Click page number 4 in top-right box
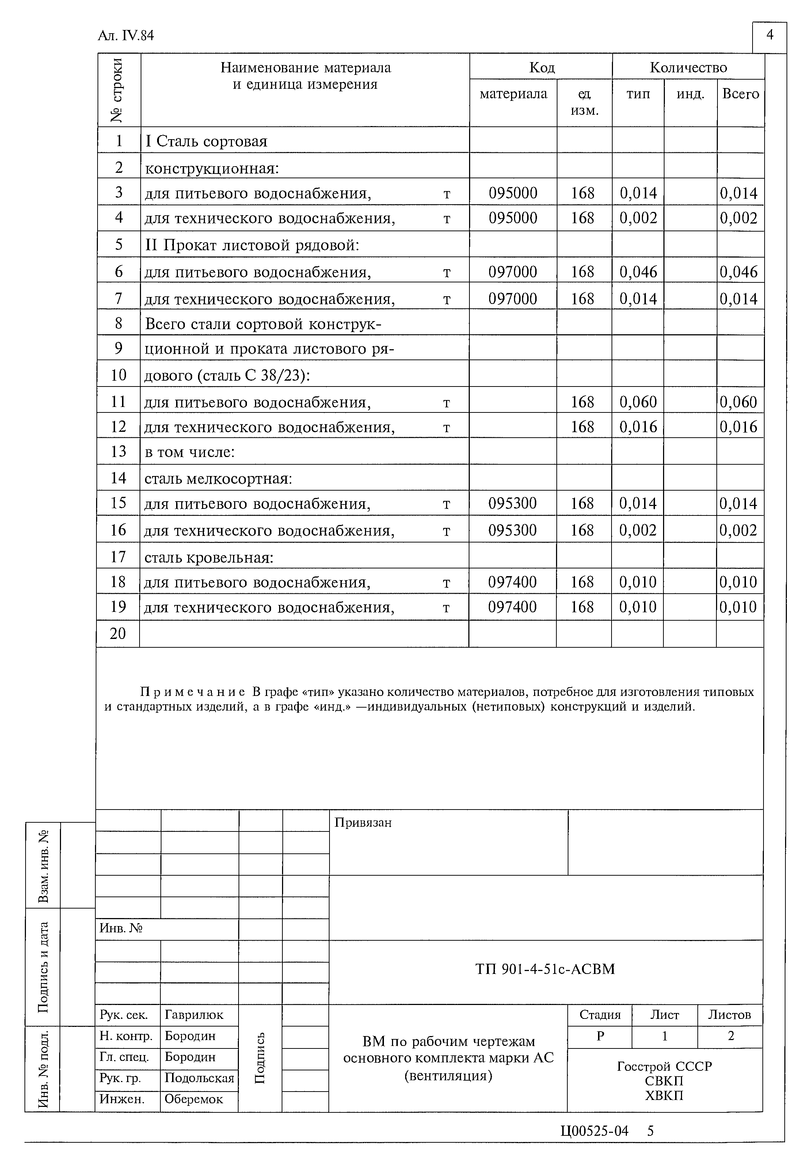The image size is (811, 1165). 769,35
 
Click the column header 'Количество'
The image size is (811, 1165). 688,68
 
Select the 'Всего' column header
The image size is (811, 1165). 740,94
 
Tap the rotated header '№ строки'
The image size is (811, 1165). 118,90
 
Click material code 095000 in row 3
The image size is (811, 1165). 513,193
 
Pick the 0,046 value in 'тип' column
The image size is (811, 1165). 638,272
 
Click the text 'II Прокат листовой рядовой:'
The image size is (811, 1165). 252,245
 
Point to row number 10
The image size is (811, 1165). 118,375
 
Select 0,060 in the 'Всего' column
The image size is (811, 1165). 738,402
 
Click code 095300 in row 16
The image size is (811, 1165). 512,530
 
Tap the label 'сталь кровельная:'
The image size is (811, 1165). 209,557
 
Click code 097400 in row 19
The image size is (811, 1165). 512,607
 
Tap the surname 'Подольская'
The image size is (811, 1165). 199,1078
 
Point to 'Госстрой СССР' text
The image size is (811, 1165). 665,1066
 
